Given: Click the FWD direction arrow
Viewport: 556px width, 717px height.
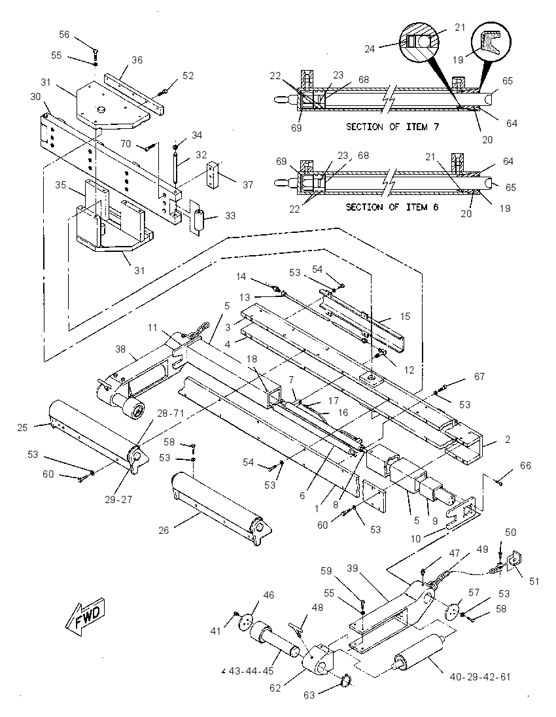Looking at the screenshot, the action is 86,617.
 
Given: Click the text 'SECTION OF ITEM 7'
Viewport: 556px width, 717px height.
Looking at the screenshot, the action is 392,127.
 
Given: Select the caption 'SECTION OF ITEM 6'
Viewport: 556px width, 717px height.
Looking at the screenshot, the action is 392,207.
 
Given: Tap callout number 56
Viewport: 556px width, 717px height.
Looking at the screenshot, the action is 64,34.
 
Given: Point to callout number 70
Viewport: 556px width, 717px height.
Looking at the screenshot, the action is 126,143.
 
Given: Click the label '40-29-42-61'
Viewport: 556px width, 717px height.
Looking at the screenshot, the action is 480,676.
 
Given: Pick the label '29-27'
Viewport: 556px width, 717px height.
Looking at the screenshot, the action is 118,499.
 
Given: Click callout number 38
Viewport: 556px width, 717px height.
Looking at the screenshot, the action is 120,349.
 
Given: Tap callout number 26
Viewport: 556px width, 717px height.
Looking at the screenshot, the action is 164,531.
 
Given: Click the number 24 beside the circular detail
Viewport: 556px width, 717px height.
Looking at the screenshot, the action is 370,48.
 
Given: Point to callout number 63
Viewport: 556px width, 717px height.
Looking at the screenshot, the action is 309,695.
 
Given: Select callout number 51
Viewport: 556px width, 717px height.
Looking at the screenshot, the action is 534,581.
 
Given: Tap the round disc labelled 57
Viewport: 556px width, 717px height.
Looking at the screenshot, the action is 452,612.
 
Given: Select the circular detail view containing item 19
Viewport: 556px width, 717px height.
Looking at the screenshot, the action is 491,42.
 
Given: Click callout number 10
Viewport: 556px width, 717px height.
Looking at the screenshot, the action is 415,538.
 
